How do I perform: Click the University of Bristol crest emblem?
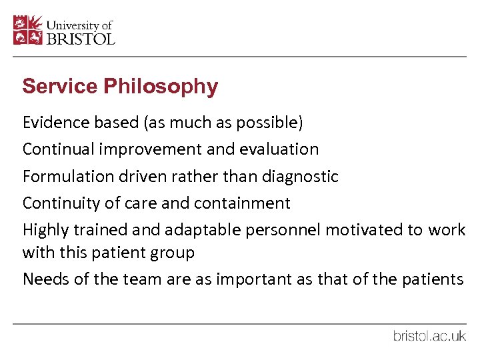tap(28, 30)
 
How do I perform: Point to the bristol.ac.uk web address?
tap(429, 336)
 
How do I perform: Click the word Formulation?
tap(59, 177)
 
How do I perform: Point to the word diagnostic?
tap(301, 177)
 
